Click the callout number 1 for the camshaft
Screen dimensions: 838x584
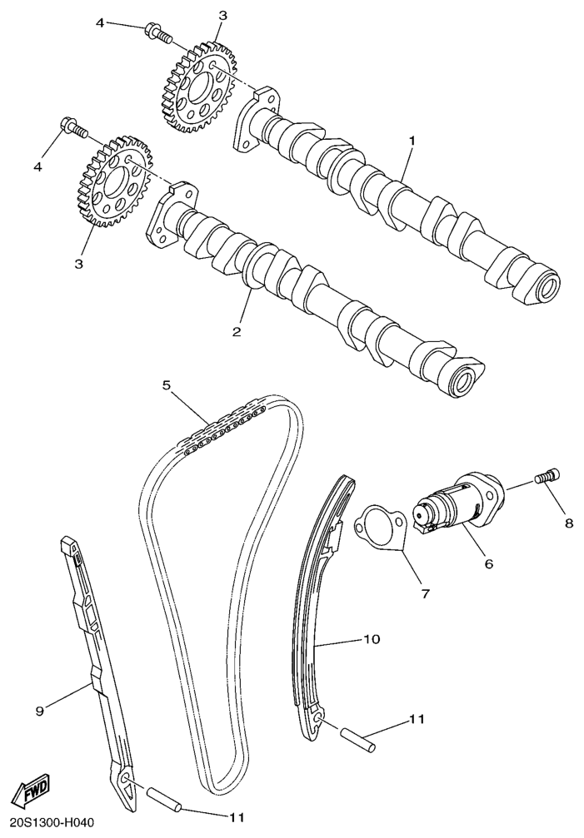coord(411,141)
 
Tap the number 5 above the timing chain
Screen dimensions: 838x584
coord(166,385)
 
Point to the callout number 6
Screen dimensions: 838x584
coord(488,563)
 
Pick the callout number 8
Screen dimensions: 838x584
coord(569,523)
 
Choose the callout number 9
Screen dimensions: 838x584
coord(38,710)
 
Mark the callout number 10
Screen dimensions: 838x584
coord(372,640)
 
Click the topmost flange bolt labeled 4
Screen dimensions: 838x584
coord(157,33)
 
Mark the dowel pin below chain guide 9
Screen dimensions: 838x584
coord(165,796)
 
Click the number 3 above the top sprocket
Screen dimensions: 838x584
coord(222,16)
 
